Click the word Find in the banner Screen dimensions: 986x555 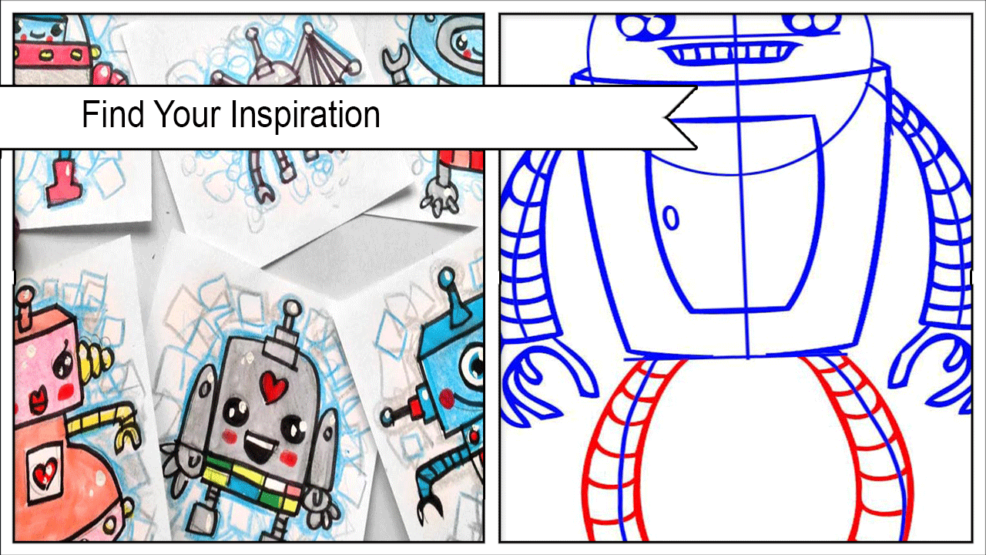113,114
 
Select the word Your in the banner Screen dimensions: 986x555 187,114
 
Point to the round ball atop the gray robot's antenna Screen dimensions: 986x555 291,308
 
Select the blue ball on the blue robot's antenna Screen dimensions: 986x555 447,277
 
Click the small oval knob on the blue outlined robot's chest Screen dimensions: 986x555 671,217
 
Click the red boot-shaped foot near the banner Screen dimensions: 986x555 63,183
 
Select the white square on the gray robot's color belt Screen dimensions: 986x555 275,485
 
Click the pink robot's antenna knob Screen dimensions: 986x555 25,294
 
